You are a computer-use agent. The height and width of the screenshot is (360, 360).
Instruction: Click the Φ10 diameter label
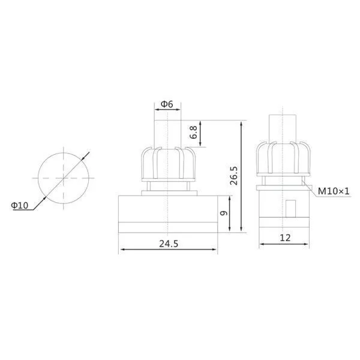[x=20, y=205]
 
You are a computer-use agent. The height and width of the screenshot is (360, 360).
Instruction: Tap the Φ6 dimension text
[x=167, y=104]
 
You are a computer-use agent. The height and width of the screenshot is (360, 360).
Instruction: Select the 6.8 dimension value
[x=194, y=132]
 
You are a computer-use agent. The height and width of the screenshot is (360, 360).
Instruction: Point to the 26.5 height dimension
[x=234, y=176]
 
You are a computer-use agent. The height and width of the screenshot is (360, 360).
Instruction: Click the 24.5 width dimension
[x=169, y=244]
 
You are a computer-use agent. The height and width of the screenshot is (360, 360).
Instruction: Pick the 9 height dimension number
[x=224, y=213]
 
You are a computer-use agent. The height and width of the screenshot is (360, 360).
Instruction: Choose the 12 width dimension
[x=285, y=238]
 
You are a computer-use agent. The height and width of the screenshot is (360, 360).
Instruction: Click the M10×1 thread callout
[x=334, y=191]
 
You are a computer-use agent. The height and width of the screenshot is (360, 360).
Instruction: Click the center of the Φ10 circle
[x=64, y=178]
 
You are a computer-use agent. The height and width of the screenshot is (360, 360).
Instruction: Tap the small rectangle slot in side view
[x=290, y=209]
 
